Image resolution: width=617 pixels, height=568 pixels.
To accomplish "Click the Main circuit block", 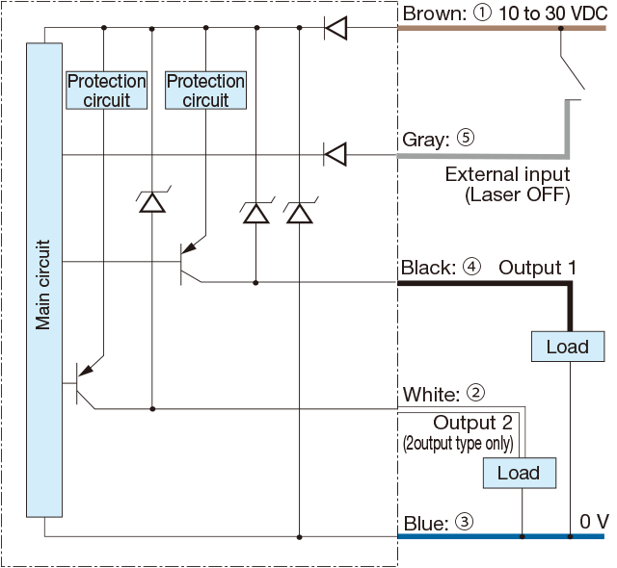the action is pos(44,280).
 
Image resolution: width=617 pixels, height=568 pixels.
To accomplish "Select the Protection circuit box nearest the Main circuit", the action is pos(107,90).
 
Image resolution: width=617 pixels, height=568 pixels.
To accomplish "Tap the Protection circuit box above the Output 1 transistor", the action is pos(205,90).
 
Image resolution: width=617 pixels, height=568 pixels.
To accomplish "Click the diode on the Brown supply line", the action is pos(335,28).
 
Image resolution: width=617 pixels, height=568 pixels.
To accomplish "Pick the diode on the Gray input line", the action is pos(335,154).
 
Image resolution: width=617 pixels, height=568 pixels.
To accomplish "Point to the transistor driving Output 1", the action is pos(192,263).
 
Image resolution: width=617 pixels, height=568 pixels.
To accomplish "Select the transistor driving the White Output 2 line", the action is pos(89,383).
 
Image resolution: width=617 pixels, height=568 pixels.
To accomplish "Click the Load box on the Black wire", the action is pos(568,347).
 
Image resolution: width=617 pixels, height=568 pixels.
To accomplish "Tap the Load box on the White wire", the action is pos(520,473).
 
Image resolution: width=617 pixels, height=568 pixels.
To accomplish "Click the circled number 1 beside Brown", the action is pos(482,13).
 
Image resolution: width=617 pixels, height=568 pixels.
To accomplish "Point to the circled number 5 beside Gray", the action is pos(466,138).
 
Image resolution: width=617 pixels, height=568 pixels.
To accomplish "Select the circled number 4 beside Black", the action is pos(471,267).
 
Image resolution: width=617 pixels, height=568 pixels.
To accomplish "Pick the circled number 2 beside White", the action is pos(475,393).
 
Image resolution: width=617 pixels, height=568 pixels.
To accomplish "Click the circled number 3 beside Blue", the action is pos(465,522).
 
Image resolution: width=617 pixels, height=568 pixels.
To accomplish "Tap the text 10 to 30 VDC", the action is pos(553,13).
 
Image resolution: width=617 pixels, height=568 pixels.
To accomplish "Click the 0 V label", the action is pos(594,522).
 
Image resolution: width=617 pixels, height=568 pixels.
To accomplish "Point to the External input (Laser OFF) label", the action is pos(508,184).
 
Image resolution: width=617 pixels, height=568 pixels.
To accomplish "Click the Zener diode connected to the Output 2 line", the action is pos(152,200).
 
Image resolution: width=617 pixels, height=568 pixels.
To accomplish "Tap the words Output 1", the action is pos(538,268).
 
